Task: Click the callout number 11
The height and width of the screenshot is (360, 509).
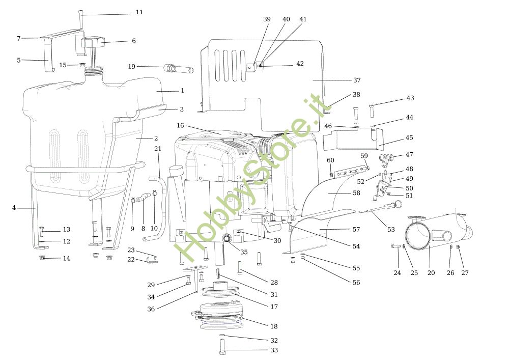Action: (x=139, y=12)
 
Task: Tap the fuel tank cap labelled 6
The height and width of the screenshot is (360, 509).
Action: (x=94, y=42)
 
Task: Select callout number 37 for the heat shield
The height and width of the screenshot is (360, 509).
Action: (x=356, y=80)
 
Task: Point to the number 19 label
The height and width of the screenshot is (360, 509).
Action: (x=131, y=66)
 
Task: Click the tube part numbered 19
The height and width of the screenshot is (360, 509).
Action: (x=178, y=68)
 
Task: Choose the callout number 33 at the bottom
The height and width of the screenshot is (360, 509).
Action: (x=274, y=350)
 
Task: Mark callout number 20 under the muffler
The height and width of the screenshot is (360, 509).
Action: (x=431, y=273)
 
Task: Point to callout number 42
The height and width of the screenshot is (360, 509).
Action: (x=300, y=64)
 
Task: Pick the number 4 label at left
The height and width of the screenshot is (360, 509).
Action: (x=14, y=208)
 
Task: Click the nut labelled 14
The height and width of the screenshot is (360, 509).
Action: (x=42, y=258)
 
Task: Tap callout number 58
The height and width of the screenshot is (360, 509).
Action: (x=356, y=193)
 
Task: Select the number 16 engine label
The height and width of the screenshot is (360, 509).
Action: (x=180, y=125)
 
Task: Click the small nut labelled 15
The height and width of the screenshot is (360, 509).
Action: (x=82, y=65)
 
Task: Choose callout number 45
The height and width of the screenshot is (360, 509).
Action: (x=409, y=137)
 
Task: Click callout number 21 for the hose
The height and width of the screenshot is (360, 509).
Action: (x=158, y=148)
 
